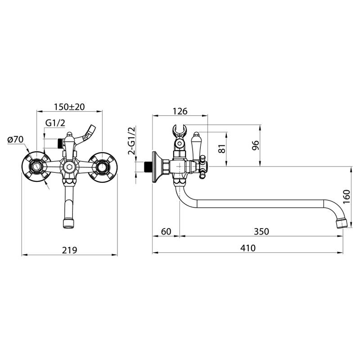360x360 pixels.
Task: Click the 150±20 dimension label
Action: coord(69,107)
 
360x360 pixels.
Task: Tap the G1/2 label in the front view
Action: coord(55,123)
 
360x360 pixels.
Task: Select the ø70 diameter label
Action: coord(15,139)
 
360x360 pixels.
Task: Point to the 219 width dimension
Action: coord(69,250)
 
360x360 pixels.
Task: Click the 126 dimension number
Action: coord(180,111)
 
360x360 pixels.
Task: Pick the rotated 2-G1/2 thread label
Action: coord(132,141)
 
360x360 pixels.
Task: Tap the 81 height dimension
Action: coord(221,149)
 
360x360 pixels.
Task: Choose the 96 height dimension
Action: coord(255,145)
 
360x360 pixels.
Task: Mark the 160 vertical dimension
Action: coord(346,196)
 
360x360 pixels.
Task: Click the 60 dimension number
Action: coord(166,231)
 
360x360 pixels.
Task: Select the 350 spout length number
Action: coord(261,231)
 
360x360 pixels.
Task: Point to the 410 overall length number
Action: coord(248,248)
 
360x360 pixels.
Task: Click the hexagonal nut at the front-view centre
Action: coord(68,167)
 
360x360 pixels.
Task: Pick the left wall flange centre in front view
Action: coord(36,167)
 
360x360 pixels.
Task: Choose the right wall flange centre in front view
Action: coord(102,167)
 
